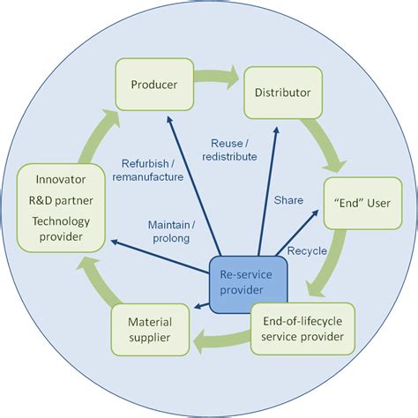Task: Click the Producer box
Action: pyautogui.click(x=154, y=85)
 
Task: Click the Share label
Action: pyautogui.click(x=288, y=200)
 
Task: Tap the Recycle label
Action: pyautogui.click(x=308, y=250)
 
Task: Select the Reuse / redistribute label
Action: pyautogui.click(x=234, y=149)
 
